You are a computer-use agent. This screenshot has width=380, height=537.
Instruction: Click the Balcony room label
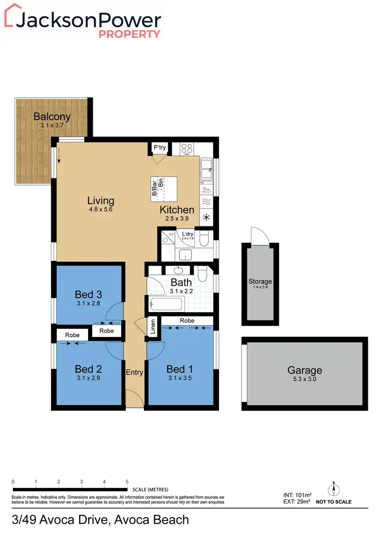[x=52, y=117]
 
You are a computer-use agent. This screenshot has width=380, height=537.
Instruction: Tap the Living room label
[x=100, y=200]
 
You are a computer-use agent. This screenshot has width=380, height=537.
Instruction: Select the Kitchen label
[x=177, y=210]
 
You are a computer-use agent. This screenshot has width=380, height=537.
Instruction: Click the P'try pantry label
[x=160, y=148]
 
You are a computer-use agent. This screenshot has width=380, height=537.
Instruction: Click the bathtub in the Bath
[x=166, y=304]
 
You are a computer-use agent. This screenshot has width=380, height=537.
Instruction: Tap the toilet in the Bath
[x=203, y=274]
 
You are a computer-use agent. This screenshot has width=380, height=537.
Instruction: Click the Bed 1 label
[x=181, y=369]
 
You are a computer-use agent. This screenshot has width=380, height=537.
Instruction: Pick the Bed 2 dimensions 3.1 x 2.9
[x=88, y=377]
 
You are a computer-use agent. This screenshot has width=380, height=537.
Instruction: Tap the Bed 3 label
[x=88, y=294]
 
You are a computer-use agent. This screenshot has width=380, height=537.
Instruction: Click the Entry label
[x=134, y=372]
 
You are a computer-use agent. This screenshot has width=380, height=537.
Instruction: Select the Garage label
[x=305, y=370]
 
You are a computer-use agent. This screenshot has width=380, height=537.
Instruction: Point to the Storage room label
[x=260, y=282]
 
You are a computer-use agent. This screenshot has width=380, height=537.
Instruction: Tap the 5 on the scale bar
[x=127, y=481]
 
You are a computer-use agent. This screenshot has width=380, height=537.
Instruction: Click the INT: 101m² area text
[x=297, y=494]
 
